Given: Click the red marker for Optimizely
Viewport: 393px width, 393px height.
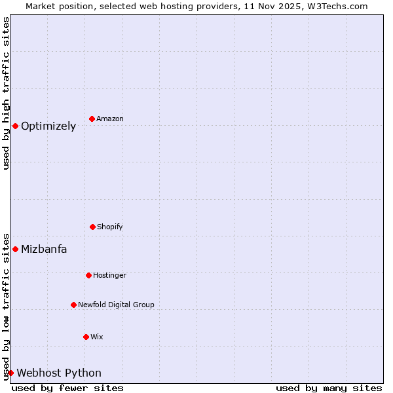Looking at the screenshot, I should (x=15, y=126).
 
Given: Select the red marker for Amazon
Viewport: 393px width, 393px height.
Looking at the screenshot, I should (x=92, y=119).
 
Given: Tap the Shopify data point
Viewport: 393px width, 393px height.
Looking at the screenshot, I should (x=92, y=227).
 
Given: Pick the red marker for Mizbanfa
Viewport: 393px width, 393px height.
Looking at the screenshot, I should (x=15, y=249).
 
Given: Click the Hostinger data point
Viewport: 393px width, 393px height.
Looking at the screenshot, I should (x=88, y=275).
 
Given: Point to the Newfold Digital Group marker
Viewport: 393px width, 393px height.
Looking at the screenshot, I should (x=73, y=305).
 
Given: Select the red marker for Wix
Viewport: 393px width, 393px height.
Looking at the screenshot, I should (x=86, y=337).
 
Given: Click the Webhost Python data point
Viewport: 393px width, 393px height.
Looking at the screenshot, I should (x=10, y=373).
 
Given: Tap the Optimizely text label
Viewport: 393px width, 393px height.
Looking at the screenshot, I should (x=48, y=126).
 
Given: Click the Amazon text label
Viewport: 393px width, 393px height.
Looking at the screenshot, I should (x=110, y=119).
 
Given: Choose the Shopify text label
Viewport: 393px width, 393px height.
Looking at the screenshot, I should (x=110, y=227).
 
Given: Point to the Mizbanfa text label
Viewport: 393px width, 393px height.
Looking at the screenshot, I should (x=44, y=250).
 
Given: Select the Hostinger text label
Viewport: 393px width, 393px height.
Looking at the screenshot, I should (x=109, y=276).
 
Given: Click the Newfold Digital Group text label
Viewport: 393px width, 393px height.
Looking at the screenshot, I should (x=116, y=305).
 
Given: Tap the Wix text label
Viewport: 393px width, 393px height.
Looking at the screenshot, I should (x=97, y=337).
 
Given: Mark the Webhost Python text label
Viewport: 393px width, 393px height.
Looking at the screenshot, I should (x=59, y=373).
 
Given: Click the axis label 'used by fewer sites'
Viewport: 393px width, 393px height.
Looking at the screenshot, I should (x=67, y=388).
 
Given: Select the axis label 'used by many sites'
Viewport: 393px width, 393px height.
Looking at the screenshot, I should (x=329, y=388).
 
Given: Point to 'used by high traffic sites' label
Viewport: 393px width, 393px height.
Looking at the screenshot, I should (x=6, y=93).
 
